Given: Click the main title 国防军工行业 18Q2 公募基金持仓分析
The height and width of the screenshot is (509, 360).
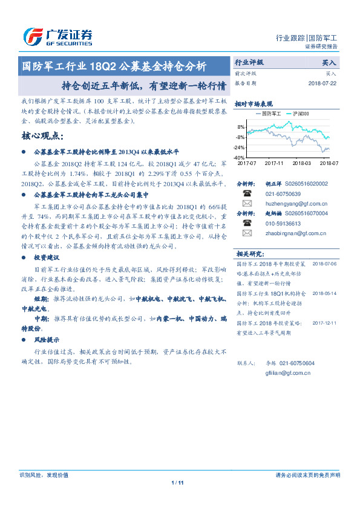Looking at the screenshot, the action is pos(114,65).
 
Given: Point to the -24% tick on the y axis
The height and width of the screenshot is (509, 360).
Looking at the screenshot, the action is pos(240,148).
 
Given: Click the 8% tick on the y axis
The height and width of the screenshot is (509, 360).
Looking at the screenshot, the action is pos(241,127).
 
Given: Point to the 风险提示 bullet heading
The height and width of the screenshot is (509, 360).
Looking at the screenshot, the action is pos(48,339).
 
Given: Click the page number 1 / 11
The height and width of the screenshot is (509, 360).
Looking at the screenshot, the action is pos(177,482).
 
